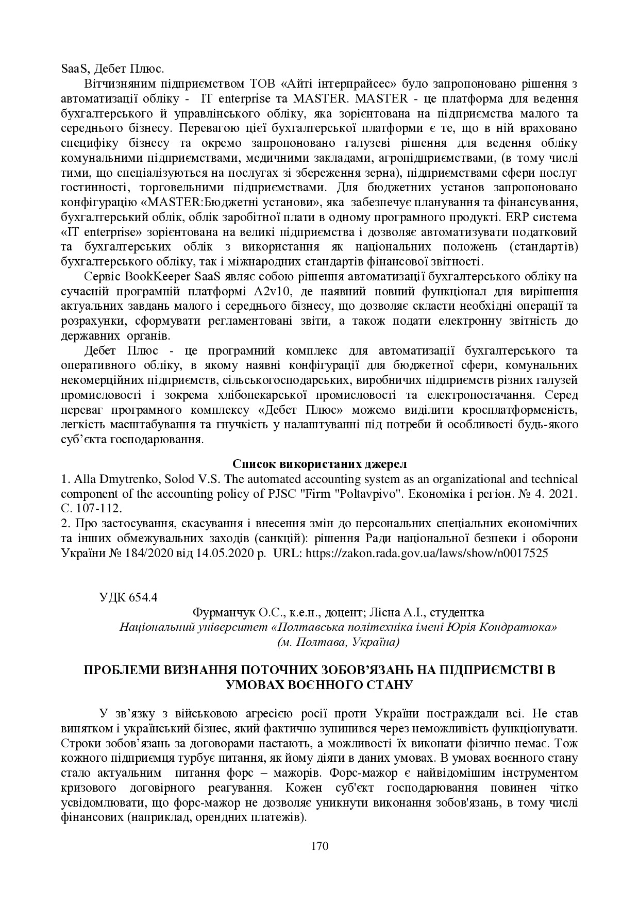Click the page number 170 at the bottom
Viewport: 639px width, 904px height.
pyautogui.click(x=320, y=846)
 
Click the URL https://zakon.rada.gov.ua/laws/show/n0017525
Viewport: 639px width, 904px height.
pyautogui.click(x=427, y=553)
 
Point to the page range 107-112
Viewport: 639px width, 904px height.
pyautogui.click(x=100, y=508)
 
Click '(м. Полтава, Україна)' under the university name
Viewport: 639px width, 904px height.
pyautogui.click(x=338, y=642)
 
